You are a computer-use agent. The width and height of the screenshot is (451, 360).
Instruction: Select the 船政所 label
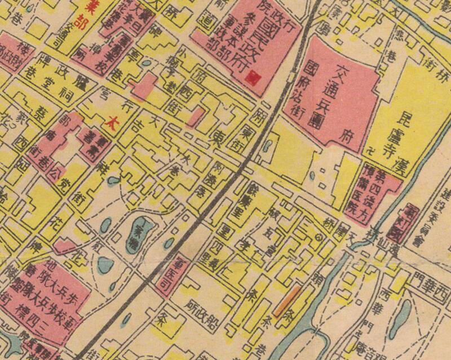pyautogui.click(x=200, y=313)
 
